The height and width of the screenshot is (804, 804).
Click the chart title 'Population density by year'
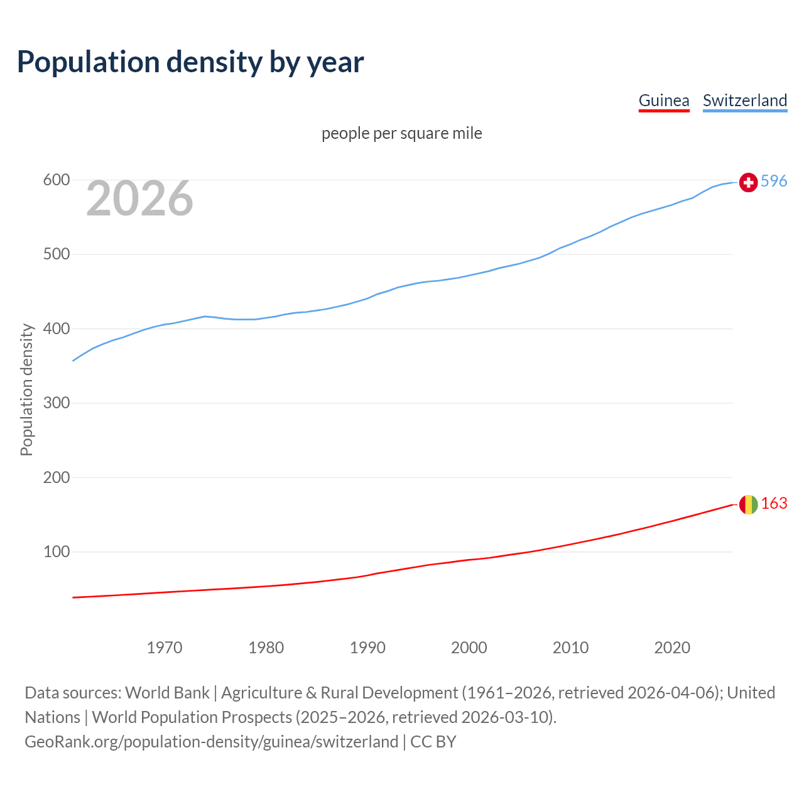[190, 62]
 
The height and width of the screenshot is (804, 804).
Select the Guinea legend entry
[663, 100]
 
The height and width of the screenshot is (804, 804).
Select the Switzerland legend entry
[744, 100]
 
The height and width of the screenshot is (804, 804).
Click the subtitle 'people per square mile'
[401, 134]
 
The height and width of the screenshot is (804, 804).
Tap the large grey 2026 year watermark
[139, 198]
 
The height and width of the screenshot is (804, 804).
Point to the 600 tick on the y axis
[56, 180]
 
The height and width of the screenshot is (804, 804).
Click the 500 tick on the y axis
[56, 254]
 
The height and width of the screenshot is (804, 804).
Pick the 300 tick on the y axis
[56, 403]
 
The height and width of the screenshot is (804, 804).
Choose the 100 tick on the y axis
[56, 552]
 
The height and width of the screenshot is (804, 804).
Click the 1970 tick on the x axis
[165, 648]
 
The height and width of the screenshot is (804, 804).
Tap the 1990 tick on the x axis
[367, 648]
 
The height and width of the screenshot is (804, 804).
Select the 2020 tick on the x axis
[672, 648]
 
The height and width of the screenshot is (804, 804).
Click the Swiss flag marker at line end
[748, 182]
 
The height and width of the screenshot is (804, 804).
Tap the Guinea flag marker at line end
[748, 504]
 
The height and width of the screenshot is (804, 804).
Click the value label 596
[774, 182]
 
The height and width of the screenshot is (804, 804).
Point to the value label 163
[774, 504]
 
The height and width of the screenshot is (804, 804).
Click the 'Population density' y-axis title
[26, 389]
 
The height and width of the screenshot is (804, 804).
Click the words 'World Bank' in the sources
[167, 693]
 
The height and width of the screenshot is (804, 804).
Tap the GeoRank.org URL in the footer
[211, 742]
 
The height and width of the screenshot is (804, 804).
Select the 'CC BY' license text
[433, 742]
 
